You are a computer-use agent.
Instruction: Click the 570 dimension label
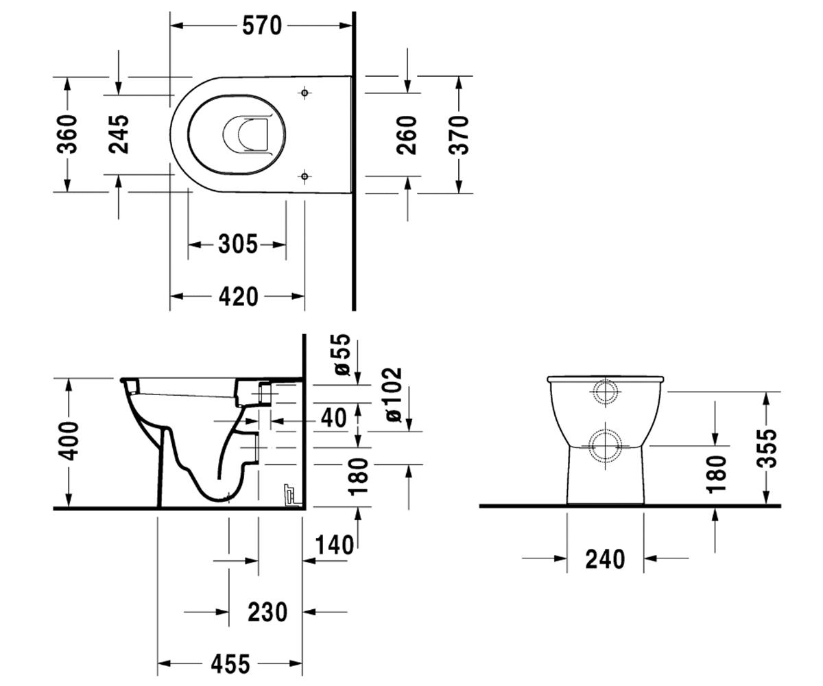click(262, 26)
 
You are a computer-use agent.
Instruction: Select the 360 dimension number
click(67, 134)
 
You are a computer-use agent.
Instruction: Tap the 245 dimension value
click(119, 134)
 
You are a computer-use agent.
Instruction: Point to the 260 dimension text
click(407, 135)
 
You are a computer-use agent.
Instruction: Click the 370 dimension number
click(459, 135)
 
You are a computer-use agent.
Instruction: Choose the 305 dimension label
click(238, 244)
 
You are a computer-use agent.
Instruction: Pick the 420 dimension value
click(239, 296)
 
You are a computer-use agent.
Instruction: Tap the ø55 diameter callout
click(342, 355)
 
